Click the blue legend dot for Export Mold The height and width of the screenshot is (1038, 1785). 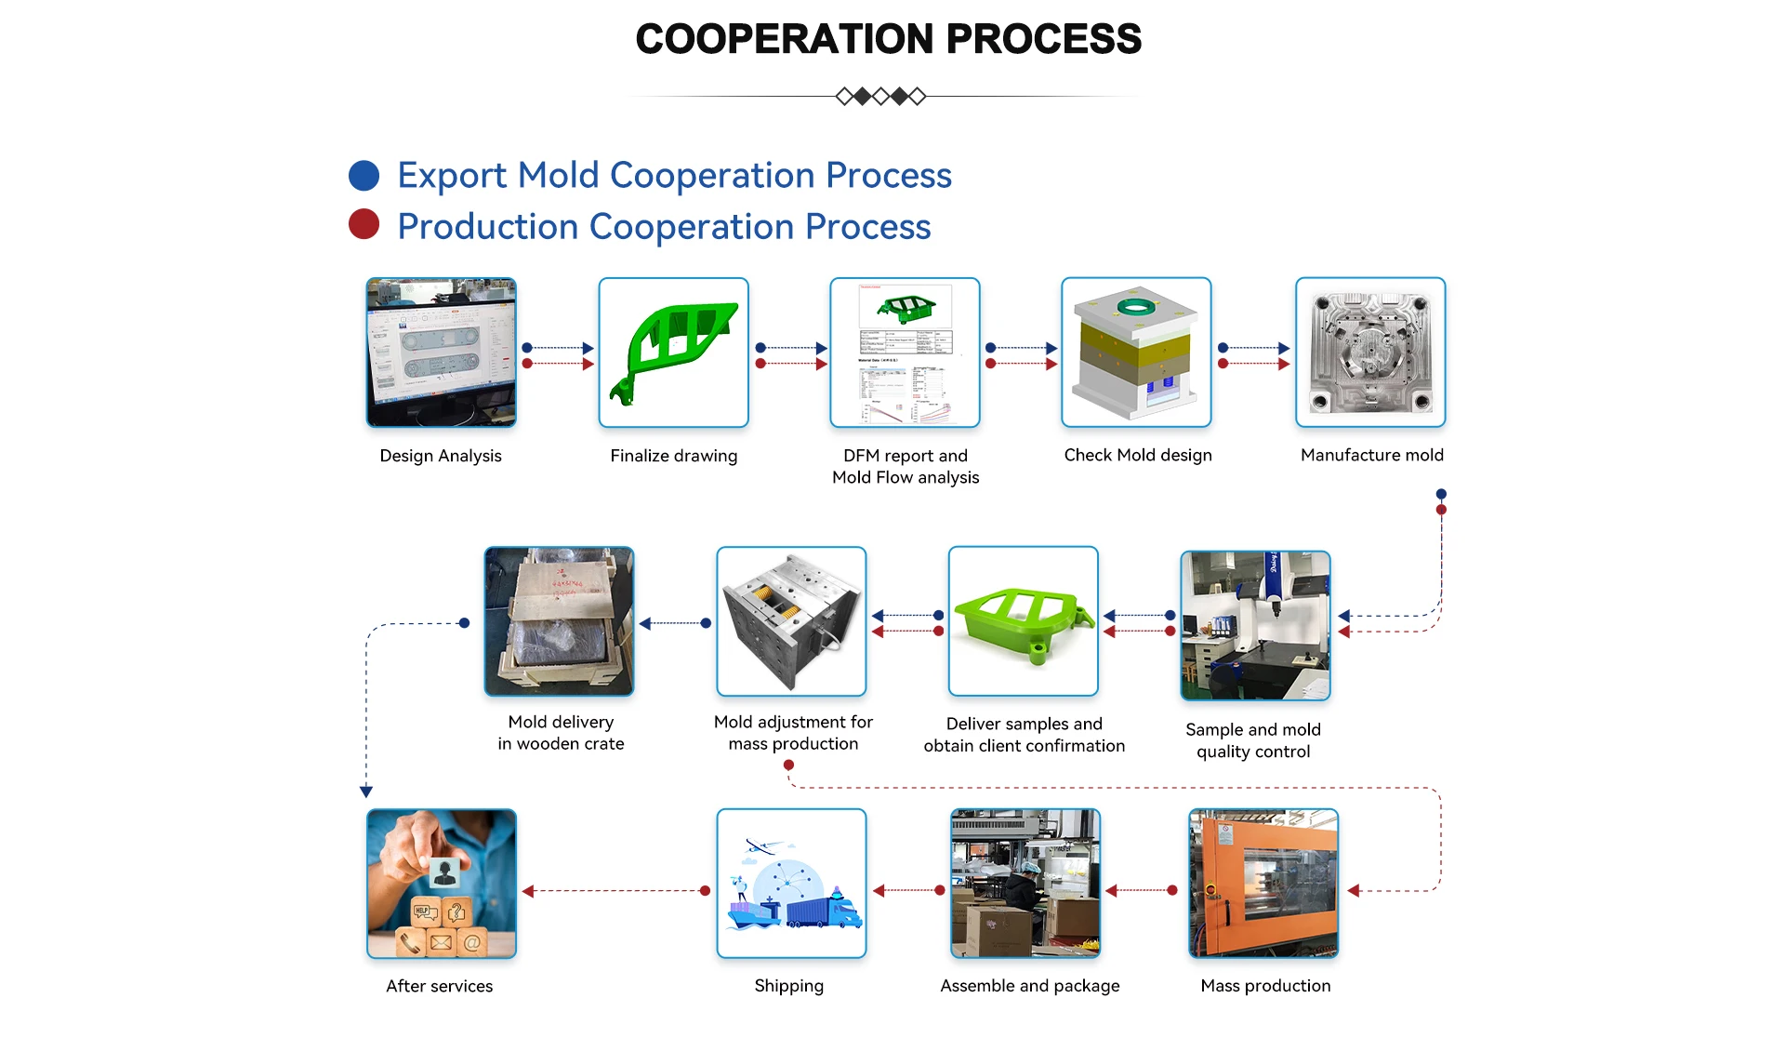coord(364,176)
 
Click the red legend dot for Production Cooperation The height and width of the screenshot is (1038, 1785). coord(364,224)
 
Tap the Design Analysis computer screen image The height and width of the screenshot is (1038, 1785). coord(441,353)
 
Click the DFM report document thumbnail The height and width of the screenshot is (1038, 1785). coord(905,353)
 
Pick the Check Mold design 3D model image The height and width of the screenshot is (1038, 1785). coord(1136,353)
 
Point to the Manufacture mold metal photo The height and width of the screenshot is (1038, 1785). coord(1370,353)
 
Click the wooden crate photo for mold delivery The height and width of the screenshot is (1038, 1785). coord(559,621)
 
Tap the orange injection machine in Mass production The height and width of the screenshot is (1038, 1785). coord(1263,884)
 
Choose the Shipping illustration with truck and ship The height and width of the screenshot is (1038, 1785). coord(791,884)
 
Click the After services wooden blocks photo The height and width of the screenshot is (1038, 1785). coord(441,884)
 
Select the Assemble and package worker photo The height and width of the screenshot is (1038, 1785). coord(1025,884)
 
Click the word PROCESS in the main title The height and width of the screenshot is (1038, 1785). coord(1043,39)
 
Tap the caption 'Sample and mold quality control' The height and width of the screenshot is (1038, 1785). coord(1253,740)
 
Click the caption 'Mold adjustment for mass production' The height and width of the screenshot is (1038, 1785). coord(793,733)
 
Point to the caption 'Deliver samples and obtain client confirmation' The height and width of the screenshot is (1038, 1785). coord(1024,735)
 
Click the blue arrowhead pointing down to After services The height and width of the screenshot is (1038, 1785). coord(366,792)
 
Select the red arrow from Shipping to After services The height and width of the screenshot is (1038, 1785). coord(614,891)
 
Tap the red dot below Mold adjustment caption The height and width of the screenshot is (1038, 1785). coord(788,765)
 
